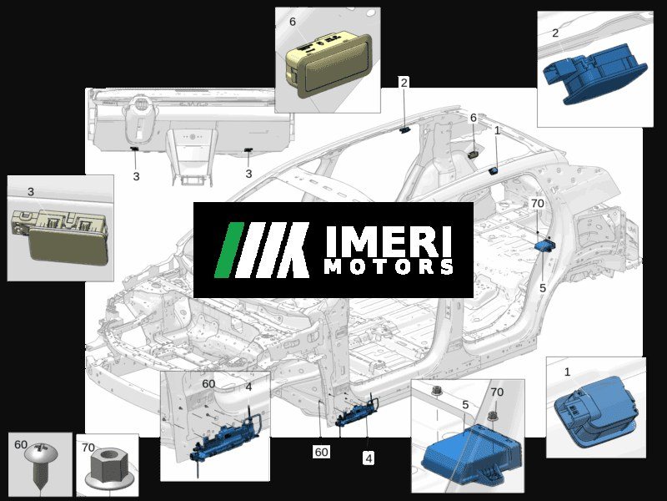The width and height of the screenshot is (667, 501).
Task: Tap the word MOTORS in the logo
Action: point(389,266)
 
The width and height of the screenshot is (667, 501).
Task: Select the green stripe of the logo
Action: point(228,250)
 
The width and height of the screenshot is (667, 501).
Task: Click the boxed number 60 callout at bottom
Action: point(321,452)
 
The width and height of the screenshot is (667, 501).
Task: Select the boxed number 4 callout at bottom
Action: point(369,458)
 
